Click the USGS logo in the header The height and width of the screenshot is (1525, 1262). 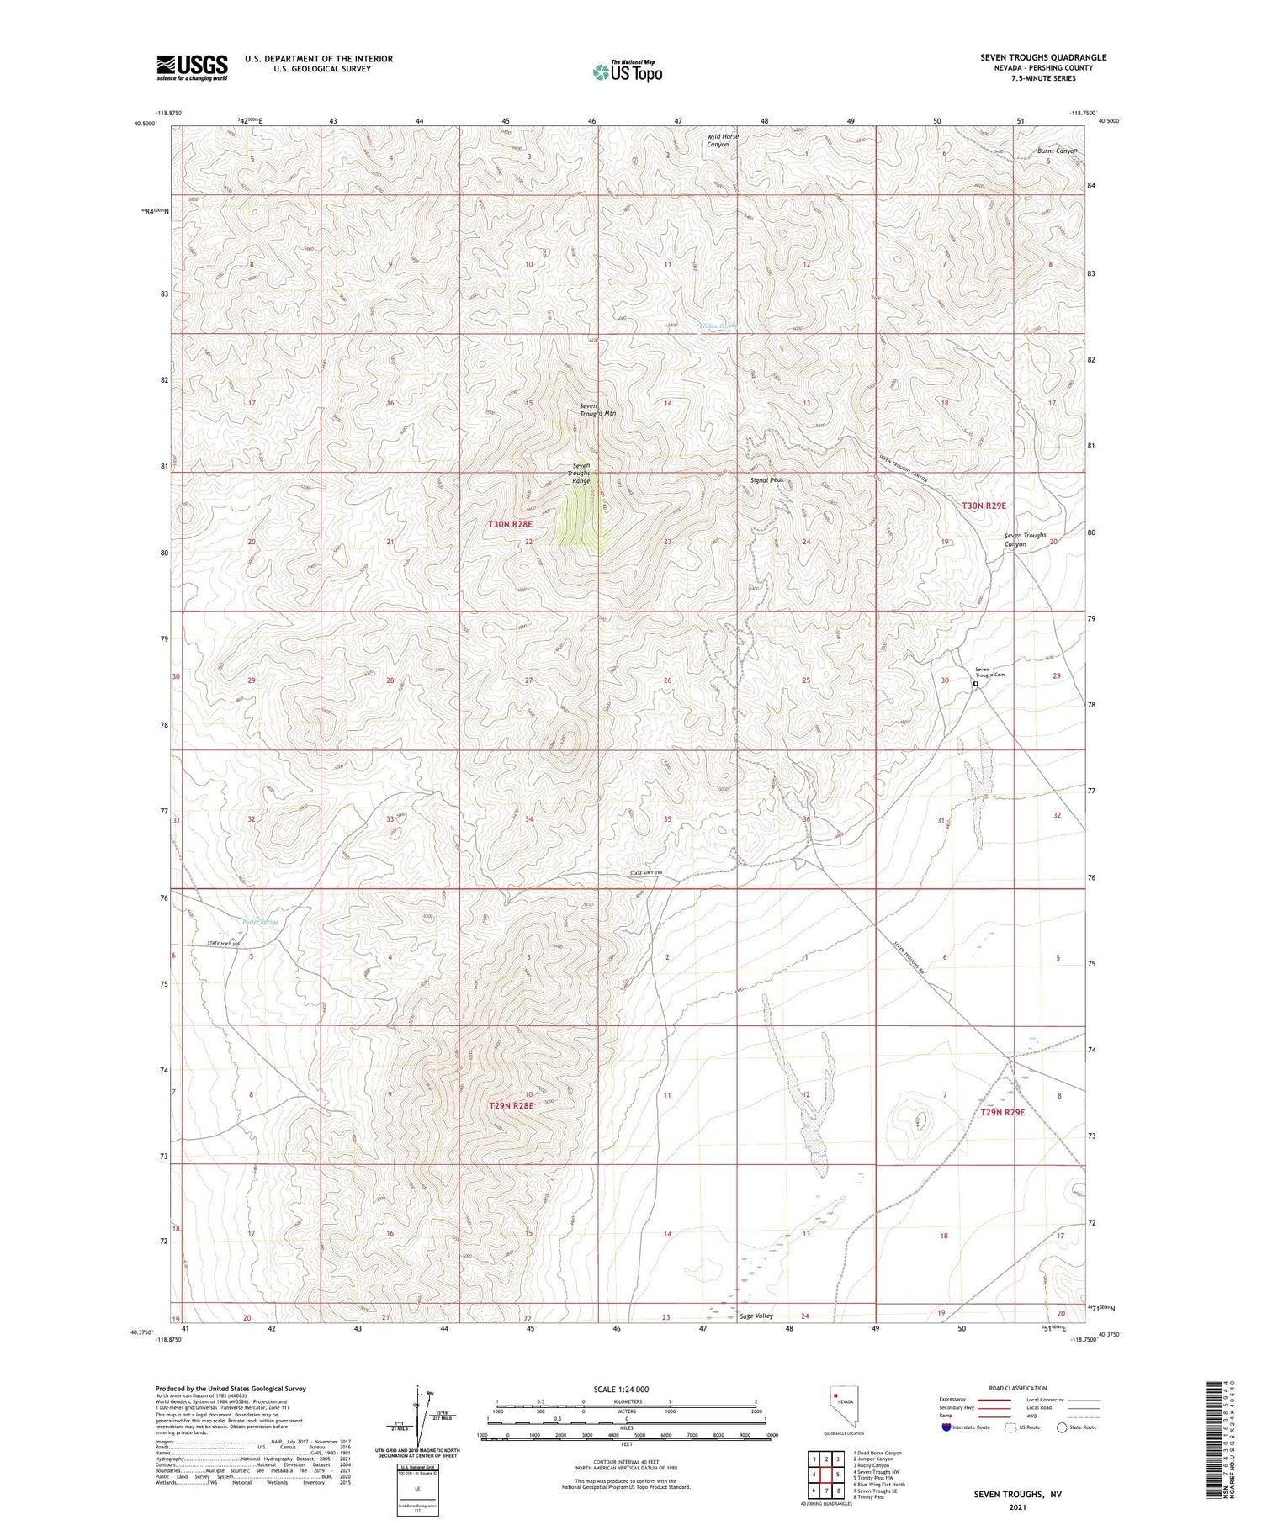point(191,66)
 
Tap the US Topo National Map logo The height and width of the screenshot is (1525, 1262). point(627,71)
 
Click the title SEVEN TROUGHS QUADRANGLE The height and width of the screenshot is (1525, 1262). point(1042,57)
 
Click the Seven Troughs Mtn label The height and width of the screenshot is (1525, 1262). point(597,410)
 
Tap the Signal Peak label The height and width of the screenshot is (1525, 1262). point(766,480)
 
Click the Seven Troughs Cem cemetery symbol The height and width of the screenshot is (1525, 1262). point(975,684)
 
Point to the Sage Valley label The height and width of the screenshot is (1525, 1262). point(756,1316)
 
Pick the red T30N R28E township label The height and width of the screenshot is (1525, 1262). point(510,524)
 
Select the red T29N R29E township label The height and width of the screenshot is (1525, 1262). point(1002,1112)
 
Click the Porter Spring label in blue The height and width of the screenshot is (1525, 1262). point(259,922)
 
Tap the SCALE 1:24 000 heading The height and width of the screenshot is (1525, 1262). point(626,1389)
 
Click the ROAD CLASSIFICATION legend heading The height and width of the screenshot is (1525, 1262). point(1017,1388)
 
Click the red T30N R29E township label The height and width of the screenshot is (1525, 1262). point(984,506)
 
